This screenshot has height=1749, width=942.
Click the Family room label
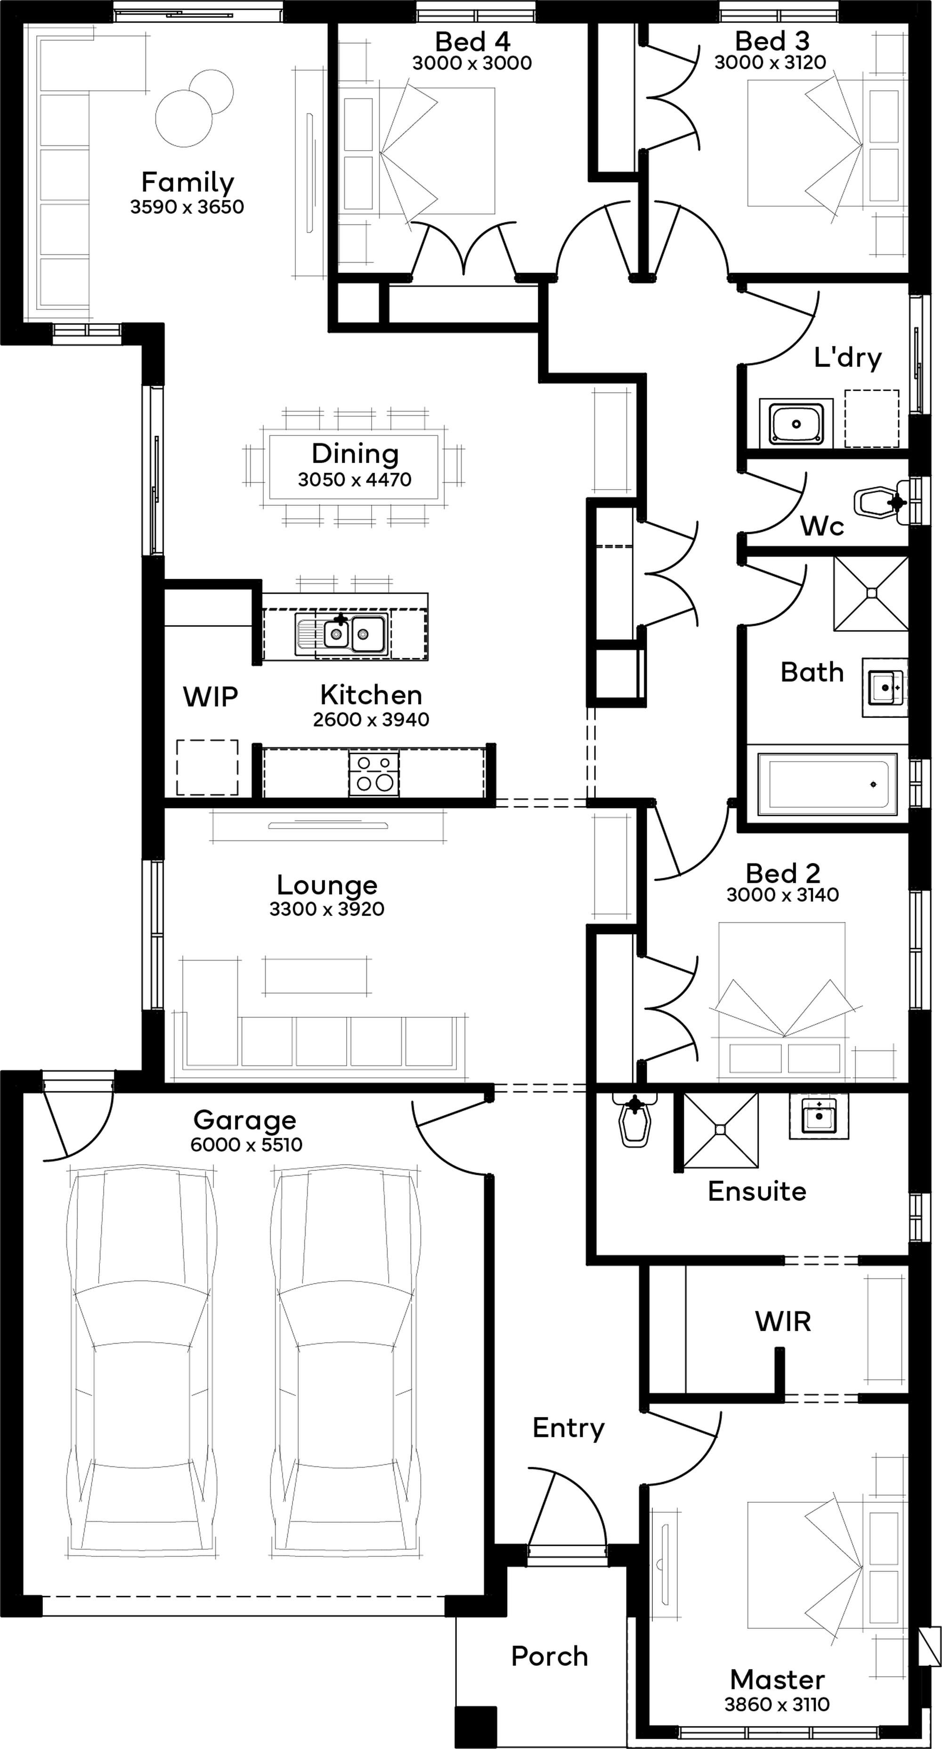tap(187, 182)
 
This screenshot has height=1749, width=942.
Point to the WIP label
tap(211, 697)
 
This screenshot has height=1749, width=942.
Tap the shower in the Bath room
tap(871, 593)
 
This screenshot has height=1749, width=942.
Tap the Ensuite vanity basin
tap(819, 1115)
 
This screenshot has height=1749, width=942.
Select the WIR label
tap(783, 1321)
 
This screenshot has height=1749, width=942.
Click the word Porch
tap(550, 1656)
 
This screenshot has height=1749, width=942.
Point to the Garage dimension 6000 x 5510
tap(246, 1145)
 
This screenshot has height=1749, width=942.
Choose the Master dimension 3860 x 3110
tap(777, 1704)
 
